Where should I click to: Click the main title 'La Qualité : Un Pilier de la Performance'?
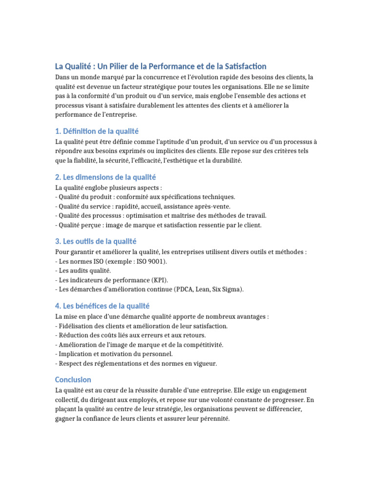[x=161, y=66]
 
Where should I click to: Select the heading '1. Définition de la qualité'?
[x=97, y=131]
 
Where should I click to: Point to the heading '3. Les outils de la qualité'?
[x=95, y=241]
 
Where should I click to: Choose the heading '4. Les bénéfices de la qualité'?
[x=102, y=306]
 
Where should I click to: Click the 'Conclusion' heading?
[x=73, y=379]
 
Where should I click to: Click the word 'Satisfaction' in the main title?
[x=241, y=66]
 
